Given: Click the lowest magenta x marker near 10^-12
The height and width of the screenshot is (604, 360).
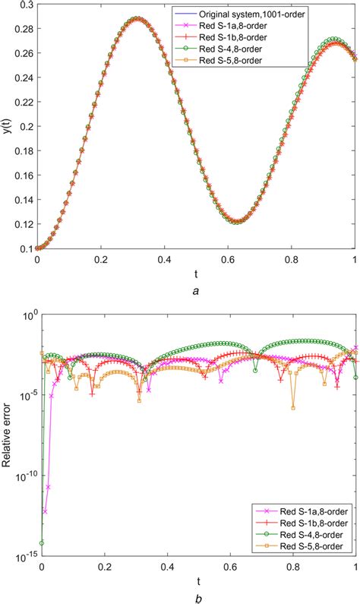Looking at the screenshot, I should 44,511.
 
